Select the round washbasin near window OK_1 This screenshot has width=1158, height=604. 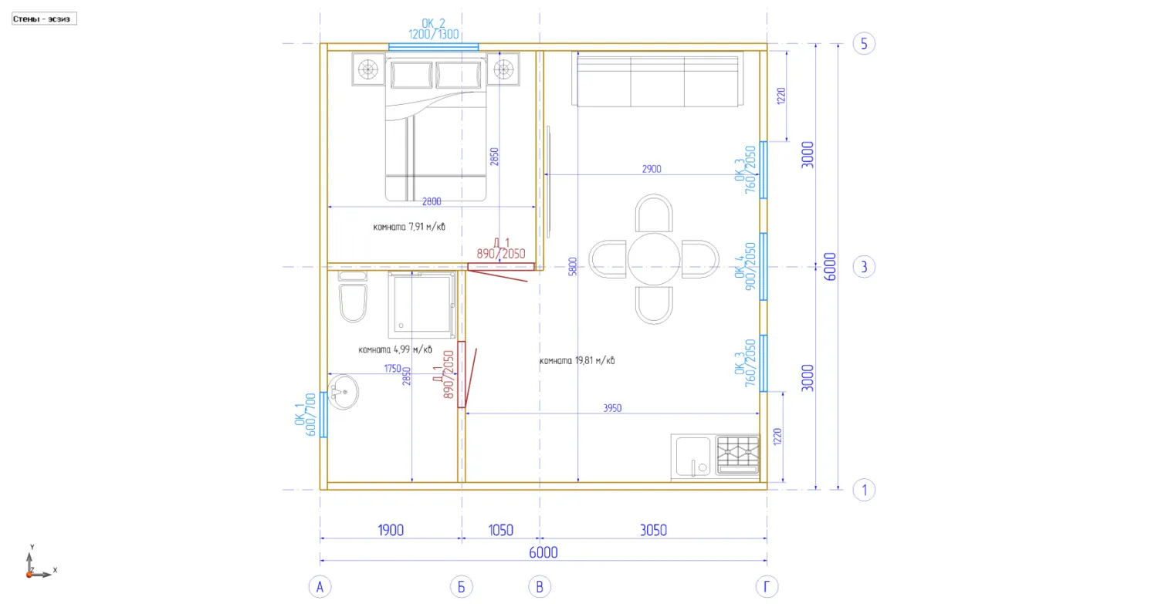click(343, 392)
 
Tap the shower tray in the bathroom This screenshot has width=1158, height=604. click(422, 305)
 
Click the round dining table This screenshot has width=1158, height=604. click(653, 259)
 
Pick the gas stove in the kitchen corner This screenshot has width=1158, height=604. click(738, 454)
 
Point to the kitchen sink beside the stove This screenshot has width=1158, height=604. click(693, 457)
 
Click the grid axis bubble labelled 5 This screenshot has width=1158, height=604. click(864, 44)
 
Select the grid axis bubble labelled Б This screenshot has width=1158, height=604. click(461, 587)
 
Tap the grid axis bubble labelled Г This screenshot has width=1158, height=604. click(767, 587)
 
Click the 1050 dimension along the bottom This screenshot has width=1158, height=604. click(500, 531)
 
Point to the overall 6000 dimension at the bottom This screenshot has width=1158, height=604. click(543, 553)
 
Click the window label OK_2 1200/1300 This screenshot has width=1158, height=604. click(433, 29)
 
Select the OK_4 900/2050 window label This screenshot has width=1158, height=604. click(745, 267)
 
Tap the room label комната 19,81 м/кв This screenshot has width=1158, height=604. click(577, 361)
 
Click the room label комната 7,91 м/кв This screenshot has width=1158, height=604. click(409, 227)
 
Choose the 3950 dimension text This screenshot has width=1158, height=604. click(612, 408)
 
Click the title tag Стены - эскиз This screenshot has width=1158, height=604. click(44, 19)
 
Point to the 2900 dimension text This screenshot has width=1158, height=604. click(652, 169)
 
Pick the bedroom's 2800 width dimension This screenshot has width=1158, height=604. click(432, 201)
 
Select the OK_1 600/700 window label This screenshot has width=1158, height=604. click(305, 415)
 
